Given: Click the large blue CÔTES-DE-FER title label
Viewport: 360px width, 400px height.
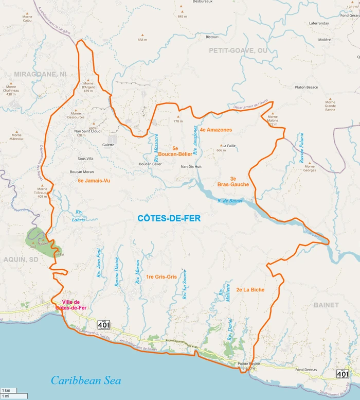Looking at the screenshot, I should coord(169,219).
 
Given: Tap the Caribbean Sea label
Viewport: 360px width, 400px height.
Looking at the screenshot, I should coord(86,380).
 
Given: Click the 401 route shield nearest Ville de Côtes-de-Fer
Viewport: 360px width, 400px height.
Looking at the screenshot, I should coord(104,324).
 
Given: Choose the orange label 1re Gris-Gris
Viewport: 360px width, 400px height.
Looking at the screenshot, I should coord(161,277).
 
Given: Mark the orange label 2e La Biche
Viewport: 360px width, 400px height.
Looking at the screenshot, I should coord(250,290).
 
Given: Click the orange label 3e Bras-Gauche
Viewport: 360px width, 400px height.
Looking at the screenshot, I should coord(233,181).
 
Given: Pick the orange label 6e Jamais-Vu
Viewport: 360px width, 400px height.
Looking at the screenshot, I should coord(94,181).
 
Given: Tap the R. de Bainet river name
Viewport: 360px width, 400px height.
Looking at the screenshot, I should coord(230,201).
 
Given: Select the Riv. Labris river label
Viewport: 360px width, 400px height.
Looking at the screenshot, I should coord(79,216).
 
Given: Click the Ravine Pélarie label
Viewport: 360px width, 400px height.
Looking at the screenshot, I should coord(302,148).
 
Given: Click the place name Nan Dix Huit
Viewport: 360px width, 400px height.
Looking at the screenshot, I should coord(191,167).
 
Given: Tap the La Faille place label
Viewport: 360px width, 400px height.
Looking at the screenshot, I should coord(228,146).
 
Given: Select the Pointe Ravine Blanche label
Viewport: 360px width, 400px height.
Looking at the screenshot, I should coord(245,366).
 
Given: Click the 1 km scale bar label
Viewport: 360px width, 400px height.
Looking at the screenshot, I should coord(7,390).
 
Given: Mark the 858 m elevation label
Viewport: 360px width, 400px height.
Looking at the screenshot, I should coord(142,40).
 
